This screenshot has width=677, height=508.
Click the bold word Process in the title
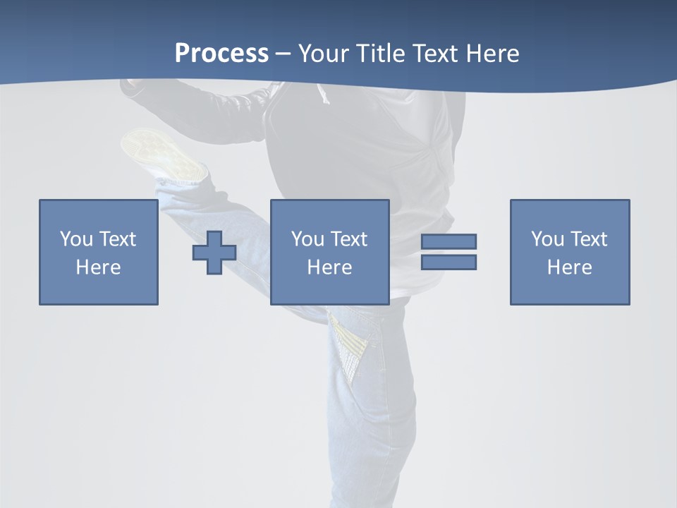click(x=221, y=54)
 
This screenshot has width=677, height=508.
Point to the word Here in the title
click(x=492, y=54)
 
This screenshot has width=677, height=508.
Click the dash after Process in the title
click(x=283, y=54)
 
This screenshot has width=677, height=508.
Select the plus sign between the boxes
click(x=214, y=253)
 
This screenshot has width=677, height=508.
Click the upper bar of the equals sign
click(x=449, y=241)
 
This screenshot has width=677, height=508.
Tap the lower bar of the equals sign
click(x=449, y=262)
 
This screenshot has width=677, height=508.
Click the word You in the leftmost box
click(x=76, y=239)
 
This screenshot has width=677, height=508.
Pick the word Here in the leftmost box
click(x=98, y=267)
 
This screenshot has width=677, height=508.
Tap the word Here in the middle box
click(x=329, y=267)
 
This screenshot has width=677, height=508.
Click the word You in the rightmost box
click(x=547, y=239)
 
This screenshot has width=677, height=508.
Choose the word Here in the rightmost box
click(x=569, y=267)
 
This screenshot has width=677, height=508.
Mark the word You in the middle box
click(x=307, y=239)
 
